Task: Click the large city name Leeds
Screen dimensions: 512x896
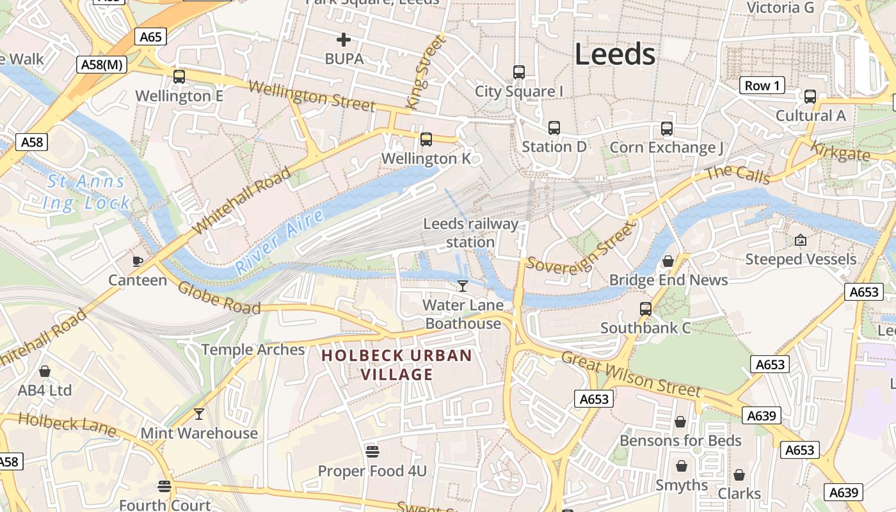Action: [x=614, y=54]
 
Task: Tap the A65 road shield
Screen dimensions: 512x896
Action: [x=150, y=37]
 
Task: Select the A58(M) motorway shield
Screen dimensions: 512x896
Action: [x=102, y=64]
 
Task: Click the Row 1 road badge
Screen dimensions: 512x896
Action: [x=763, y=86]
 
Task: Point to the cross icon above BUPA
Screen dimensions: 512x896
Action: [x=344, y=40]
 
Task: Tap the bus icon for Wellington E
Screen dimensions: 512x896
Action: [x=179, y=77]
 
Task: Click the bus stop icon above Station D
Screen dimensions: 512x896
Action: [x=554, y=128]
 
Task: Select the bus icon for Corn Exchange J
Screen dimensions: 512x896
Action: [x=667, y=129]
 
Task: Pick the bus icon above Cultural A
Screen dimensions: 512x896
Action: [x=810, y=97]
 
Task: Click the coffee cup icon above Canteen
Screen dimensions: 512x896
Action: [x=137, y=260]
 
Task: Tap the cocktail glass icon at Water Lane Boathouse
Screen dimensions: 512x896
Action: [x=463, y=285]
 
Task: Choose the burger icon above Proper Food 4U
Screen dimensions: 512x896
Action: [x=372, y=452]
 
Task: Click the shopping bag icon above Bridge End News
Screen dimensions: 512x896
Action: [x=668, y=261]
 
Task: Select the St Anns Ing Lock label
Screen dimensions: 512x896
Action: [x=87, y=193]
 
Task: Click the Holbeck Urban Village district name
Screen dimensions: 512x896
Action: [x=397, y=365]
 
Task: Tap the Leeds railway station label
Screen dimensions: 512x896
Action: [x=470, y=233]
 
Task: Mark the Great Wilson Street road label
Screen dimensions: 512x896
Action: [x=631, y=374]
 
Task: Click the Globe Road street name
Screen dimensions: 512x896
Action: [x=219, y=298]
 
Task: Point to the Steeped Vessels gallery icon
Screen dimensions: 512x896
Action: [x=800, y=240]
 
